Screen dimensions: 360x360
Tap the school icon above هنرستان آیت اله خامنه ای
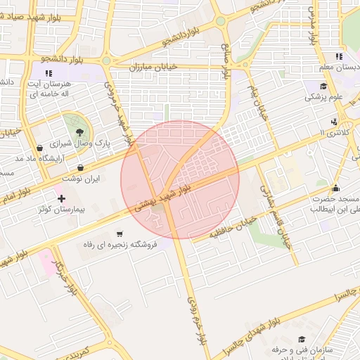[x=49, y=73]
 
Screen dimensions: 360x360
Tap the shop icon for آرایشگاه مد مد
[x=38, y=148]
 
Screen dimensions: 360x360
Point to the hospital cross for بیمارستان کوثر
[x=62, y=199]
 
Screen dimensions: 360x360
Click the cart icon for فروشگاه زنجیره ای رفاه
[x=120, y=233]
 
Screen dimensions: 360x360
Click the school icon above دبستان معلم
[x=339, y=56]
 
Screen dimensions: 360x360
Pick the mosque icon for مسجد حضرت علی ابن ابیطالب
[x=335, y=188]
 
